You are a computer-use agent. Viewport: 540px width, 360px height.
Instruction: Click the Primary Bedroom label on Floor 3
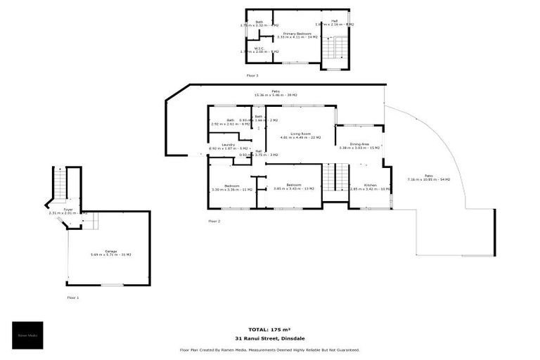click(x=297, y=33)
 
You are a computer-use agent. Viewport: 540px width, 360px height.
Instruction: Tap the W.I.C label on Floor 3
click(x=258, y=49)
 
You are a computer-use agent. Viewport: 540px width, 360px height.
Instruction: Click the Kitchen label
click(x=370, y=186)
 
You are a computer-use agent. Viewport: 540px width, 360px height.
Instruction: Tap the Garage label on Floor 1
click(x=111, y=252)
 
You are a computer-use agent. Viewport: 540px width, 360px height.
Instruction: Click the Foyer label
click(x=68, y=210)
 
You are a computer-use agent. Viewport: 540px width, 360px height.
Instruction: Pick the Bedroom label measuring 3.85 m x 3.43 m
click(x=293, y=186)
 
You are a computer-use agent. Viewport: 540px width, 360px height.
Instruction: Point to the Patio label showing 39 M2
click(x=276, y=91)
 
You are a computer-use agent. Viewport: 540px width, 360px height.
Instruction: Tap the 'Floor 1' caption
click(x=73, y=297)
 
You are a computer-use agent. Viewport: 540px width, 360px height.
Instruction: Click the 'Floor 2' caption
click(x=214, y=221)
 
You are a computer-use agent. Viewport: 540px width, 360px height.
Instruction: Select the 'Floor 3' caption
click(x=252, y=75)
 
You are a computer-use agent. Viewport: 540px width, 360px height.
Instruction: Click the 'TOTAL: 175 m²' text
click(x=269, y=329)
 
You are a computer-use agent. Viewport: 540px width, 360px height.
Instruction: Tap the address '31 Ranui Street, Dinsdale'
click(x=269, y=338)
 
